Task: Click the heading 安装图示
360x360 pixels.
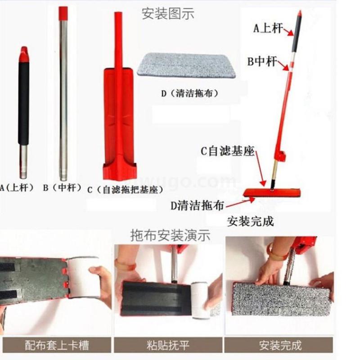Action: pyautogui.click(x=168, y=13)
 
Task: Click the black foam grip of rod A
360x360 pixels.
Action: pyautogui.click(x=24, y=103)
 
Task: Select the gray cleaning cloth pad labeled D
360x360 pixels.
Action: pyautogui.click(x=186, y=65)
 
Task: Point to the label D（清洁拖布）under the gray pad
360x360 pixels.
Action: pyautogui.click(x=189, y=93)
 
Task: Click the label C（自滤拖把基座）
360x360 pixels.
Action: pyautogui.click(x=126, y=189)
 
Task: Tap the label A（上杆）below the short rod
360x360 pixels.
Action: pyautogui.click(x=17, y=188)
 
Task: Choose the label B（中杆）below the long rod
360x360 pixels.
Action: pyautogui.click(x=62, y=188)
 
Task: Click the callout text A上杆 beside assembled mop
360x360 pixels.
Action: pyautogui.click(x=268, y=28)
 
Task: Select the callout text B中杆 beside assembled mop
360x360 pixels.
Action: pyautogui.click(x=262, y=62)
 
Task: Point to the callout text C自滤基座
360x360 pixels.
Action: pyautogui.click(x=228, y=151)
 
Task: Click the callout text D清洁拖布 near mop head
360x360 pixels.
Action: pyautogui.click(x=197, y=206)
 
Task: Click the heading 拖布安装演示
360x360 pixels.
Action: pyautogui.click(x=170, y=235)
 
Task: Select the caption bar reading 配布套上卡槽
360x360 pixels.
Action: pyautogui.click(x=56, y=345)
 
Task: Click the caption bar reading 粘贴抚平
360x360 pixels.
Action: pyautogui.click(x=168, y=345)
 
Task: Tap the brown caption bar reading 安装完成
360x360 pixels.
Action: pyautogui.click(x=279, y=345)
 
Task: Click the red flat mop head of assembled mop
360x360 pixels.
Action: pyautogui.click(x=272, y=193)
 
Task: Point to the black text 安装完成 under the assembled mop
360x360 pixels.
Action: pyautogui.click(x=250, y=221)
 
